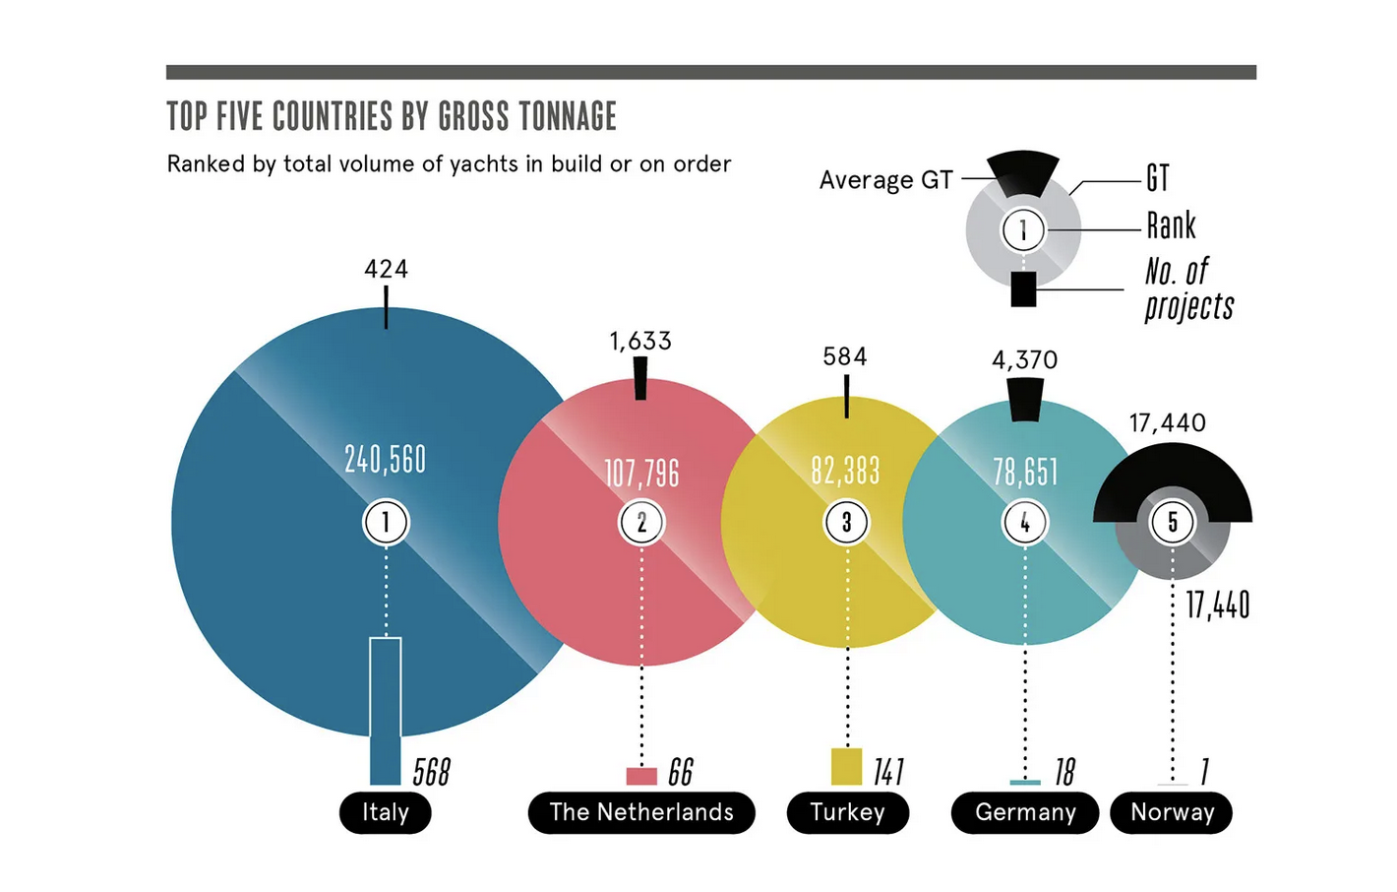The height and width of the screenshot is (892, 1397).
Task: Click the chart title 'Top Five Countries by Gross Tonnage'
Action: tap(392, 116)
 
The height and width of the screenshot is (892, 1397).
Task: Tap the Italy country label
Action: tap(386, 812)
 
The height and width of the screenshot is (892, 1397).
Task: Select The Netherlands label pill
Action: tap(641, 812)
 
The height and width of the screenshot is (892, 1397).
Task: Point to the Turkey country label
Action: tap(847, 812)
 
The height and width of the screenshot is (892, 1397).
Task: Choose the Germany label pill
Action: tap(1025, 812)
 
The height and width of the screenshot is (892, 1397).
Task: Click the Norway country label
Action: tap(1172, 812)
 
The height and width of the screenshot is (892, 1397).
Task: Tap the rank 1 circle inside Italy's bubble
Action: tap(386, 522)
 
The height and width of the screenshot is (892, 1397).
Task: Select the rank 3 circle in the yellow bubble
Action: tap(846, 522)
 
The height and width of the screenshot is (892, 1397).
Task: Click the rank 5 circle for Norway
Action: tap(1172, 522)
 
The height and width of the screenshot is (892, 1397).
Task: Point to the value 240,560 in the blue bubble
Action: tap(386, 459)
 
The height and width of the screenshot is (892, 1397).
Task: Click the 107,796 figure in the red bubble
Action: tap(641, 474)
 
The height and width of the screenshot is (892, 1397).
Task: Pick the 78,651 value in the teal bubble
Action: tap(1025, 472)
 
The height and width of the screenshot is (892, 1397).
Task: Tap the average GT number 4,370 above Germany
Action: tap(1025, 360)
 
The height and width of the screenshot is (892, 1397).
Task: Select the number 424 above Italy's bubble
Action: tap(386, 269)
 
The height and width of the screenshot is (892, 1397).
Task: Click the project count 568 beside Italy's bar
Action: tap(432, 772)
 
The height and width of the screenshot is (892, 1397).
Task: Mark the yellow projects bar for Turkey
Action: tap(846, 767)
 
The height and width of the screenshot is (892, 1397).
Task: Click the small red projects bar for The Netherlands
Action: tap(641, 776)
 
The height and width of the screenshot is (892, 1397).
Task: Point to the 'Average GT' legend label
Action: tap(885, 180)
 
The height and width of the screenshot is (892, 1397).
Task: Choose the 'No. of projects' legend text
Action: tap(1188, 288)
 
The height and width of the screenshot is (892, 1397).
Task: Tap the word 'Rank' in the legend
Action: tap(1171, 225)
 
